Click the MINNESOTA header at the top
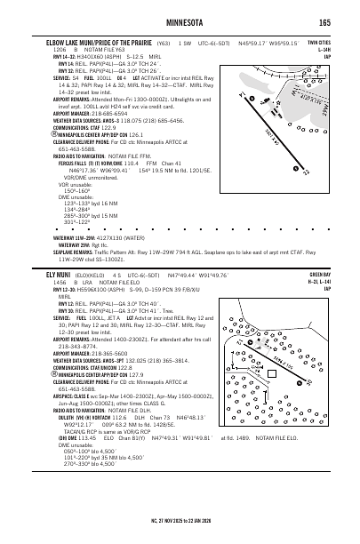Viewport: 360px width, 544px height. [180, 21]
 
